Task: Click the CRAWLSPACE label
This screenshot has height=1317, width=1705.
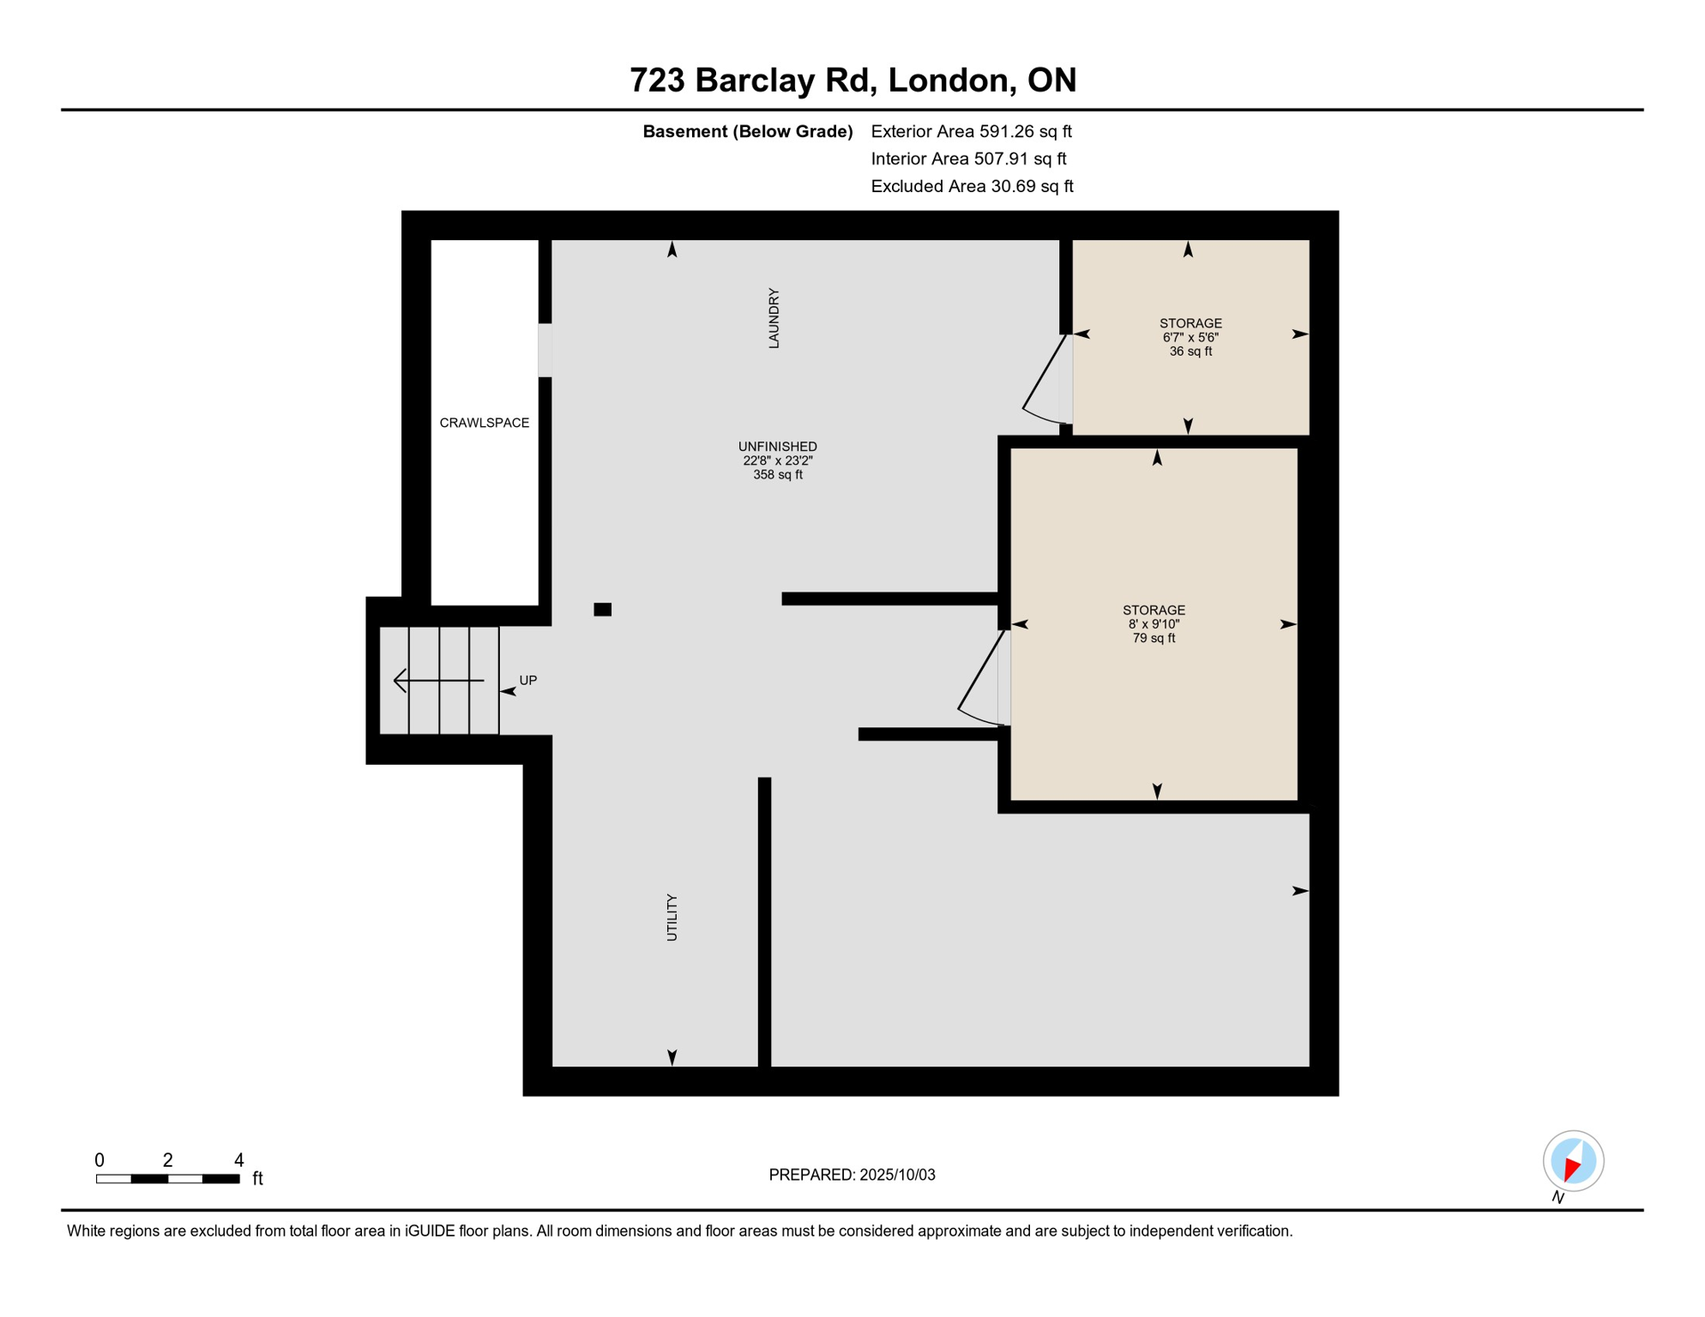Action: pos(484,423)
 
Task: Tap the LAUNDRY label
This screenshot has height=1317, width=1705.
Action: pos(774,318)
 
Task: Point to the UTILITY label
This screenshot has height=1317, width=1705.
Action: pos(672,917)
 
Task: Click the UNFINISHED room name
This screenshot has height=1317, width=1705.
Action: pos(777,447)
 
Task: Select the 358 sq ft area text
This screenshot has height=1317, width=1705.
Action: pos(777,475)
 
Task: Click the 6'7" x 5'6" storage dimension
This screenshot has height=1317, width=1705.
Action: pos(1190,338)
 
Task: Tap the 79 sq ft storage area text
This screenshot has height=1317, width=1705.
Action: pos(1154,639)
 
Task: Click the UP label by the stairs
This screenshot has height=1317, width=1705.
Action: pos(527,681)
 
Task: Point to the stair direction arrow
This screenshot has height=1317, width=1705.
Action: pos(438,681)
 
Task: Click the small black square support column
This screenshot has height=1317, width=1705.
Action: pos(602,610)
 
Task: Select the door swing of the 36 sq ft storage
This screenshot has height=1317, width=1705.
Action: pos(1045,380)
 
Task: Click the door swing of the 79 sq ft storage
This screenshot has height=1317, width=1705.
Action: pos(981,678)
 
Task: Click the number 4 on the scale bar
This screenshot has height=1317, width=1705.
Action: pos(239,1160)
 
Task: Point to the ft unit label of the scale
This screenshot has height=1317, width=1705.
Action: pos(257,1179)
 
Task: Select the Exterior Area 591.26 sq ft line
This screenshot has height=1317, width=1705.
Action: pos(971,131)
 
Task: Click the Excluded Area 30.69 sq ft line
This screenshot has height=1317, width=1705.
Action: pos(972,186)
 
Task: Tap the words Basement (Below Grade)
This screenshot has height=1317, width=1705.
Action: pos(748,131)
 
